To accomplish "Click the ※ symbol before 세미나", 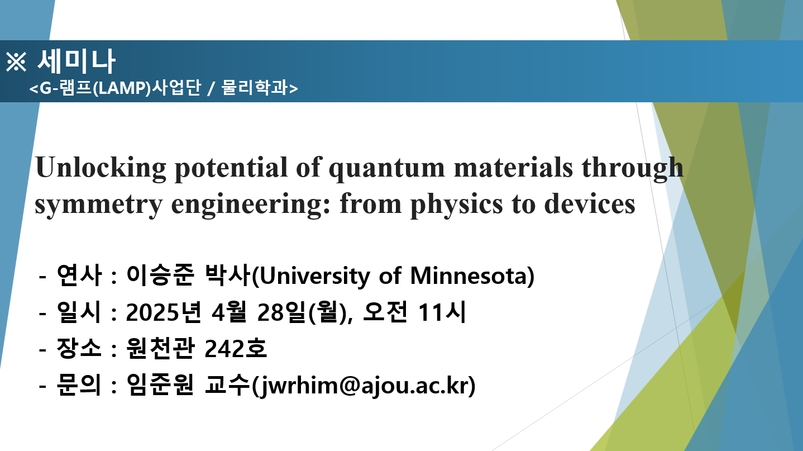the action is pyautogui.click(x=16, y=61).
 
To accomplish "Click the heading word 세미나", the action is pyautogui.click(x=77, y=61).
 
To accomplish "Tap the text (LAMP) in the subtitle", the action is pyautogui.click(x=122, y=88).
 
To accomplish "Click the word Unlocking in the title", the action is pyautogui.click(x=101, y=168).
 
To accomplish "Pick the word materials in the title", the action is pyautogui.click(x=513, y=168).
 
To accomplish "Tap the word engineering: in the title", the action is pyautogui.click(x=251, y=204).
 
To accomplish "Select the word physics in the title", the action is pyautogui.click(x=456, y=204).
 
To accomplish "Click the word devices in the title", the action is pyautogui.click(x=590, y=203).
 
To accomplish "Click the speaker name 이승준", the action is pyautogui.click(x=160, y=275).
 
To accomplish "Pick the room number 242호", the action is pyautogui.click(x=236, y=348).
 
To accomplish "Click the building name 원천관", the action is pyautogui.click(x=161, y=348).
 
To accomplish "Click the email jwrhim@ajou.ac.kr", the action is pyautogui.click(x=364, y=386).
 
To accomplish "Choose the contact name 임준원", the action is pyautogui.click(x=160, y=384).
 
